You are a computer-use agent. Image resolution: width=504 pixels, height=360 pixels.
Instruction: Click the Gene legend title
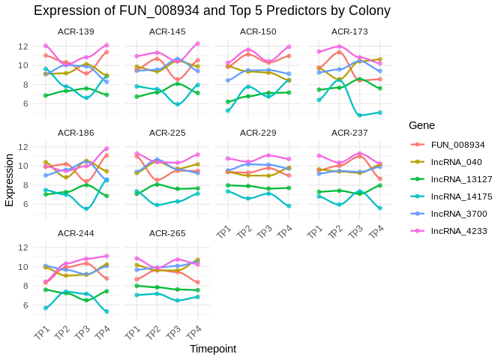[x=422, y=125]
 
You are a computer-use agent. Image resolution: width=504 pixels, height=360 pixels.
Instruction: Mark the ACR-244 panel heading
[x=76, y=233]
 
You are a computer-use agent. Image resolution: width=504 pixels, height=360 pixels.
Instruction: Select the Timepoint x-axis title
[x=213, y=349]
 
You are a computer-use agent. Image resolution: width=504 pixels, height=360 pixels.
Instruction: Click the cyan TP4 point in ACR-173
[x=379, y=112]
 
